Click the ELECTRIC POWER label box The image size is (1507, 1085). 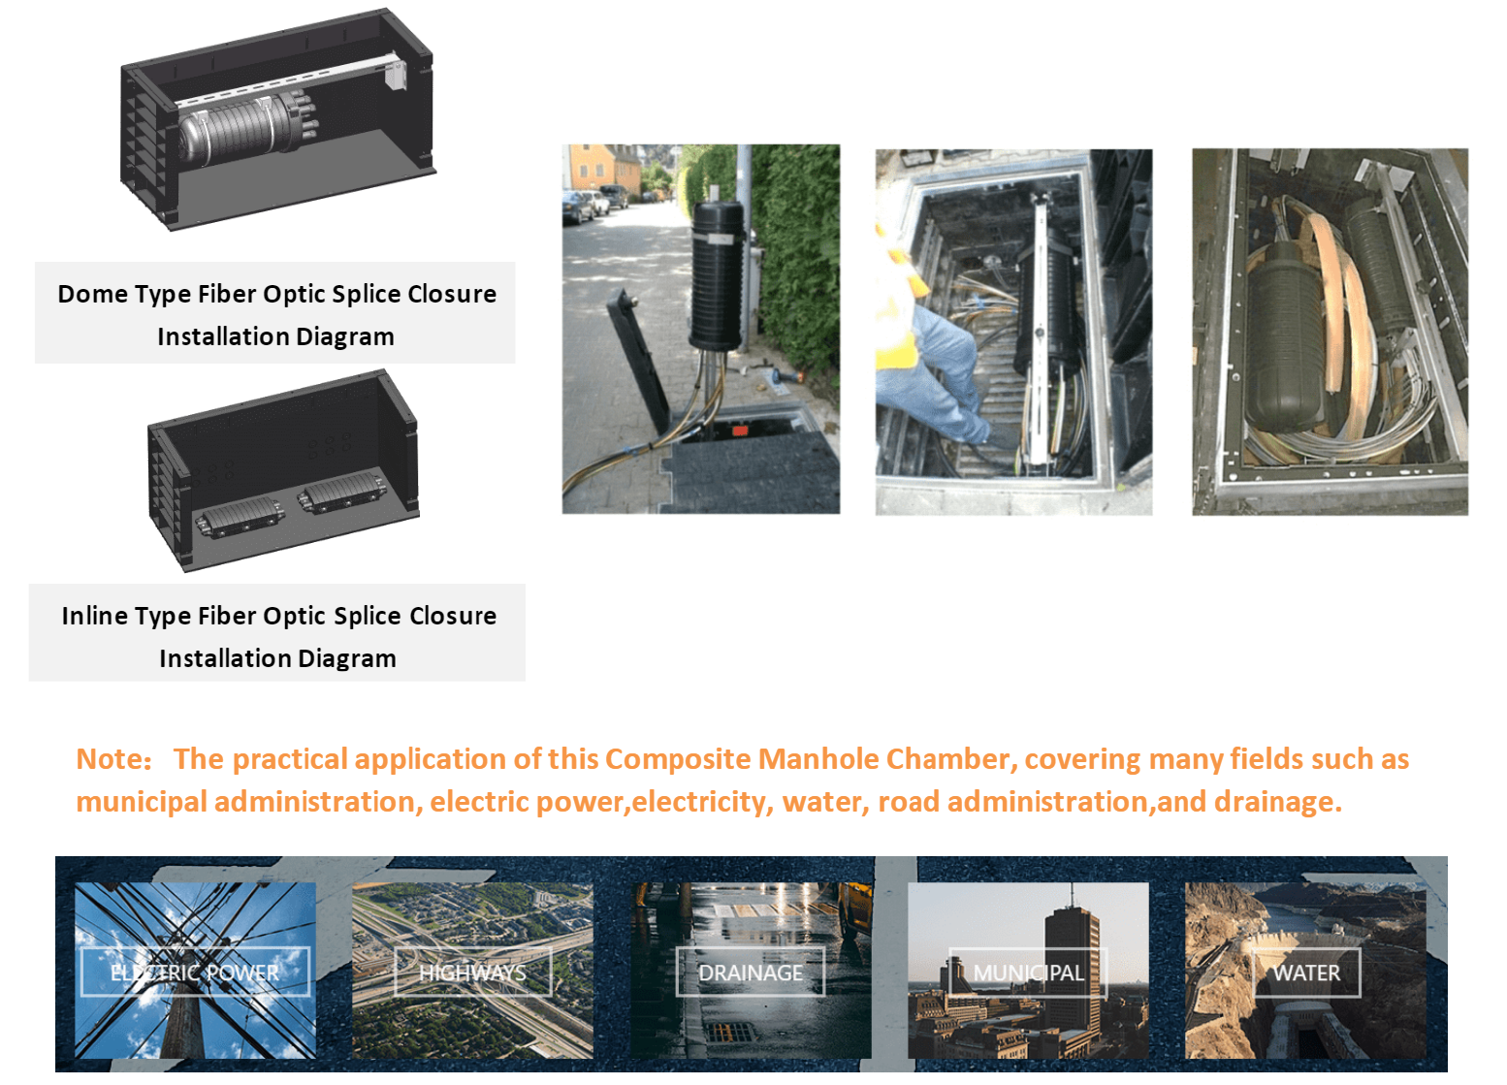coord(195,972)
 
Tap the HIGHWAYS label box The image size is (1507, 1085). coord(472,972)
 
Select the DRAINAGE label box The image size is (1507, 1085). coord(751,972)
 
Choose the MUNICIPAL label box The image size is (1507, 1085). coord(1028,973)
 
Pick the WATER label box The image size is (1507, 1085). coord(1306,973)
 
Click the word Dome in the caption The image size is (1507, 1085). coord(91,294)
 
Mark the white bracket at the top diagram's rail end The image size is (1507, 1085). coord(395,75)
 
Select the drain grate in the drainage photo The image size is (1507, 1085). coord(726,1032)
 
